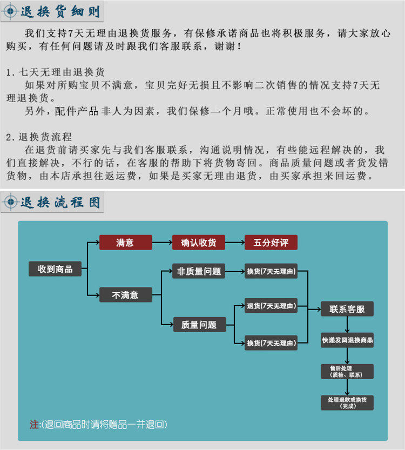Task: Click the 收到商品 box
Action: (x=55, y=269)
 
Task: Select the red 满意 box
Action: (x=125, y=243)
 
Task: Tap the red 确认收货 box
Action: (x=198, y=243)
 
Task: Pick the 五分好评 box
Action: (x=271, y=243)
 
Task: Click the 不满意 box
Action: (x=125, y=295)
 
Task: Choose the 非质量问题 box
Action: (x=198, y=271)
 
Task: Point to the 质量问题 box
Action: (x=198, y=325)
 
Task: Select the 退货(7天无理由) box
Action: (x=271, y=306)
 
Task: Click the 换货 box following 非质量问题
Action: (x=271, y=271)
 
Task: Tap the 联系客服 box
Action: (x=347, y=310)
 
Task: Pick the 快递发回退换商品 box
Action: (x=347, y=340)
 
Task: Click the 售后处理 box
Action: (x=347, y=371)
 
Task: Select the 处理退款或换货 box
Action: (x=347, y=402)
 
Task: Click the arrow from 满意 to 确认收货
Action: (x=162, y=243)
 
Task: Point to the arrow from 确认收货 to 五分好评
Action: (x=235, y=243)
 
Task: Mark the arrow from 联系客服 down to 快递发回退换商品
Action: (x=347, y=325)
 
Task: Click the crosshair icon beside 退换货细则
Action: (x=11, y=11)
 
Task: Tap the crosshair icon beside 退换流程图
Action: (x=11, y=202)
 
